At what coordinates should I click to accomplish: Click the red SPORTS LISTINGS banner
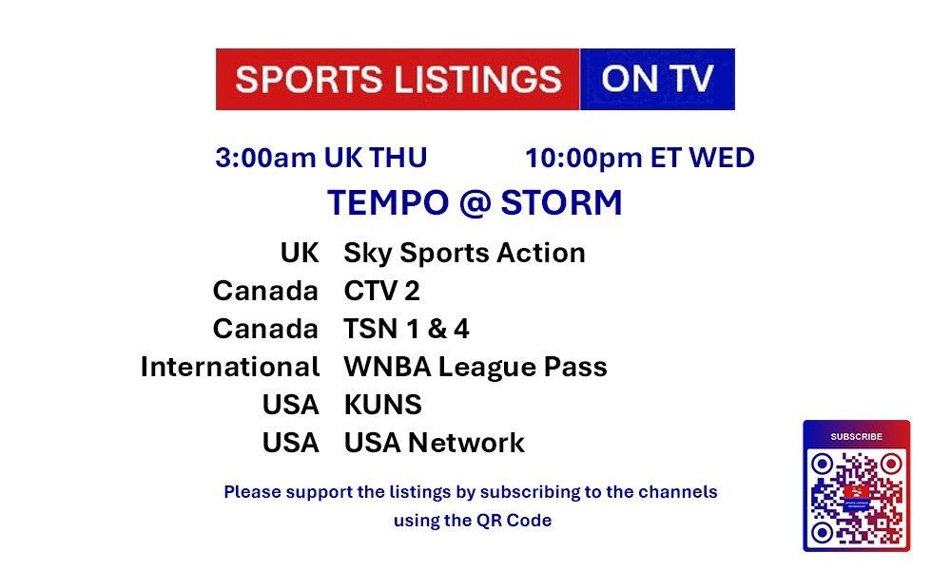398,80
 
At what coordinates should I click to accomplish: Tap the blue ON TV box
657,80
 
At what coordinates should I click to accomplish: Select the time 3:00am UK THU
321,158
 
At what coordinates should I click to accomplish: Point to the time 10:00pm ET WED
640,158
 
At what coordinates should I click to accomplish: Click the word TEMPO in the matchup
388,202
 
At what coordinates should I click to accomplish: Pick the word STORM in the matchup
562,202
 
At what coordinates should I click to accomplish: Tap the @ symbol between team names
475,203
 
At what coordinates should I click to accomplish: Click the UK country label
300,253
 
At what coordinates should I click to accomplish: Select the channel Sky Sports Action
465,254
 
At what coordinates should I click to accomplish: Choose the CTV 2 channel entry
381,291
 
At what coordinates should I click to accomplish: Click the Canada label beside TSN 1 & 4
265,329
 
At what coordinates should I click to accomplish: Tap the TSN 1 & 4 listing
406,329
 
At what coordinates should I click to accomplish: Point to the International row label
230,367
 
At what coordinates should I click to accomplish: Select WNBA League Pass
475,368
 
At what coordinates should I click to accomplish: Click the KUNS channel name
382,405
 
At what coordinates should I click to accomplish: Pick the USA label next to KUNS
290,405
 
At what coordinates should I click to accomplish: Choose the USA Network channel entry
435,443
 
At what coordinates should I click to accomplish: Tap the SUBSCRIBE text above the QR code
857,436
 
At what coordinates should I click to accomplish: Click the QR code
857,498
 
